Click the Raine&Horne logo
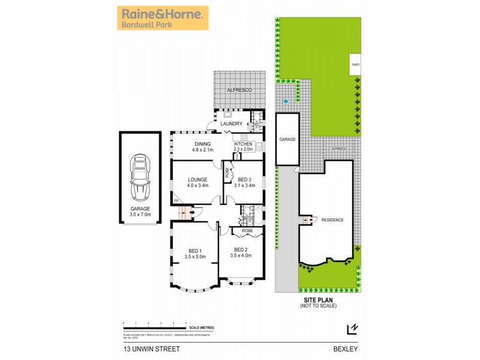point(163,18)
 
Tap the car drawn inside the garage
point(140,178)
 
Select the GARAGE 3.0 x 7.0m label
point(141,211)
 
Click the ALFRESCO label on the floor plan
point(239,89)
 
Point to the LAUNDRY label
point(231,124)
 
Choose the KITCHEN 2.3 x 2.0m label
point(243,146)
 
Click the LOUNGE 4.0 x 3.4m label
point(197,182)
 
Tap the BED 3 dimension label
point(247,182)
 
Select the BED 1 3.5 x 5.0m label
point(195,253)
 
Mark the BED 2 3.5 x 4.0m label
point(241,253)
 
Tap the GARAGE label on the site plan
point(287,139)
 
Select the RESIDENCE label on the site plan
point(332,220)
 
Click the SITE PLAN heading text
point(318,301)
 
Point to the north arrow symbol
point(353,329)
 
